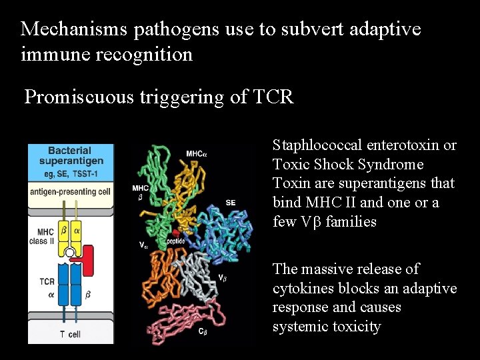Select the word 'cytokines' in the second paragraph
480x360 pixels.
301,288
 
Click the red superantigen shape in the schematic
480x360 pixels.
87,253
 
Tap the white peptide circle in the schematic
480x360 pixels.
69,253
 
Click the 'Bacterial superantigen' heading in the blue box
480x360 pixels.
71,156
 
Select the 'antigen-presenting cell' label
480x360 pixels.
71,192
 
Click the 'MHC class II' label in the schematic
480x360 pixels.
41,236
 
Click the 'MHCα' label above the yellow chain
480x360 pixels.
197,154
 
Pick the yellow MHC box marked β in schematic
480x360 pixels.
64,231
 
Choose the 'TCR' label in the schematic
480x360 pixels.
47,281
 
